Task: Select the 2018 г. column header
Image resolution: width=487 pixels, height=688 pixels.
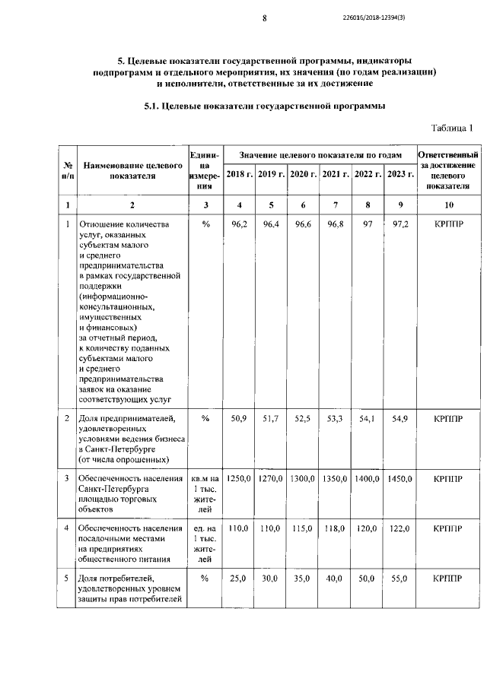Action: point(239,174)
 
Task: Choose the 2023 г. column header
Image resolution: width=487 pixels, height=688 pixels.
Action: point(399,174)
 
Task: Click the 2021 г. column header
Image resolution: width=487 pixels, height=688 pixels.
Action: point(335,174)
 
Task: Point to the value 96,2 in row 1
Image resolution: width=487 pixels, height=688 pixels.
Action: point(239,225)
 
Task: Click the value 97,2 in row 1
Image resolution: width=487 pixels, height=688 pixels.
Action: point(399,225)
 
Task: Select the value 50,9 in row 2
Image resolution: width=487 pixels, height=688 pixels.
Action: point(239,419)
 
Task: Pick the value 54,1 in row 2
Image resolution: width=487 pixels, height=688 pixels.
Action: point(368,419)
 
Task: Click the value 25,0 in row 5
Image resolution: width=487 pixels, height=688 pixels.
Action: point(239,579)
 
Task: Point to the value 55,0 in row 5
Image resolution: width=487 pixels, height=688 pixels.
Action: point(399,579)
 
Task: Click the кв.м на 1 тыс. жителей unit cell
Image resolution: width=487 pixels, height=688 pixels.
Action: point(205,493)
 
